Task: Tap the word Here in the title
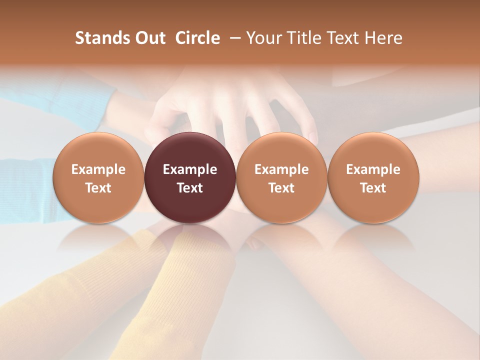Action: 383,38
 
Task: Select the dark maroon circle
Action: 190,177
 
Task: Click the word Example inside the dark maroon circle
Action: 190,169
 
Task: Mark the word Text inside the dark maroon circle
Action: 190,188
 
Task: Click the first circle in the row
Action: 98,177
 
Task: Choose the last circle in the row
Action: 373,177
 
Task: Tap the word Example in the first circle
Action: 98,169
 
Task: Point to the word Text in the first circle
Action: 98,188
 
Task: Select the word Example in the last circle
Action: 373,169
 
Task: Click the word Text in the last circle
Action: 373,188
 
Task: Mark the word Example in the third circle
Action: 281,169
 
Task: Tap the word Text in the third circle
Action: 281,188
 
